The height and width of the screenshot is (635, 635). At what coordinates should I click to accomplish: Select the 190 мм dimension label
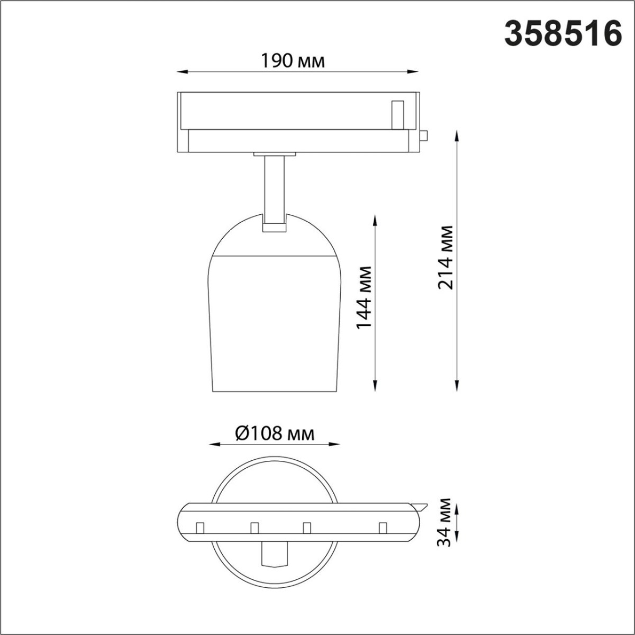[x=292, y=61]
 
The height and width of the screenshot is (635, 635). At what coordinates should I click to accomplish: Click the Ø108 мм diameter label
[x=275, y=434]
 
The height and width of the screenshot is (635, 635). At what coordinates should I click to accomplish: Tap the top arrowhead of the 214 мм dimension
[x=457, y=135]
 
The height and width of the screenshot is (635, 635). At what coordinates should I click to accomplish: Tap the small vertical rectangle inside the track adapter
[x=397, y=113]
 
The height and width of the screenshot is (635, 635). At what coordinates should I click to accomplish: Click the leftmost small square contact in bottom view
[x=200, y=528]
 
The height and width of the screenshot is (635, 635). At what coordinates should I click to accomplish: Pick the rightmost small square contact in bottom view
[x=382, y=528]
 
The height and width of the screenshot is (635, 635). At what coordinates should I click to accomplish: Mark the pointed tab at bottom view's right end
[x=420, y=506]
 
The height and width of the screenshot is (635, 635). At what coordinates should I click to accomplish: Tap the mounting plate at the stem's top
[x=274, y=154]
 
